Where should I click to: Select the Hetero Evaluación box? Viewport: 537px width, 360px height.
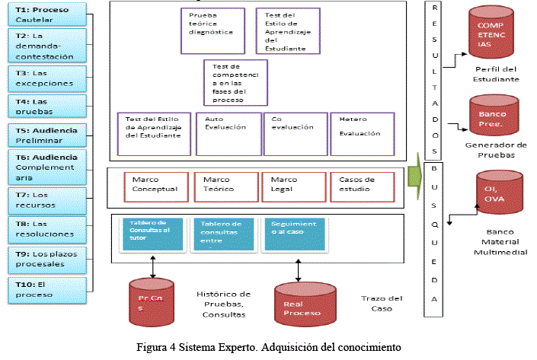tap(361, 132)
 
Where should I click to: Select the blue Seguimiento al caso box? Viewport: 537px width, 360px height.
tap(292, 234)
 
